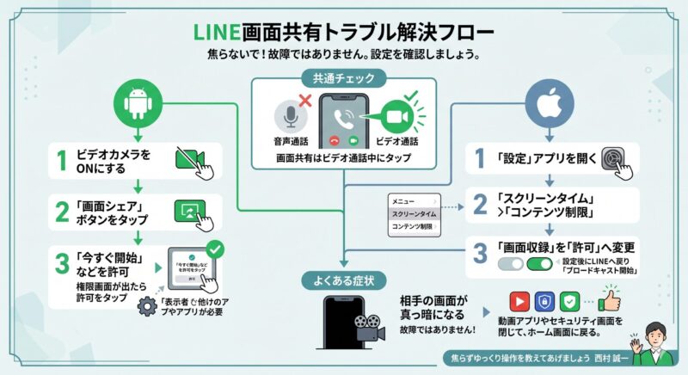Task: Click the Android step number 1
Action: tap(61, 160)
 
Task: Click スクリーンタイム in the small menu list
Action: tap(414, 212)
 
